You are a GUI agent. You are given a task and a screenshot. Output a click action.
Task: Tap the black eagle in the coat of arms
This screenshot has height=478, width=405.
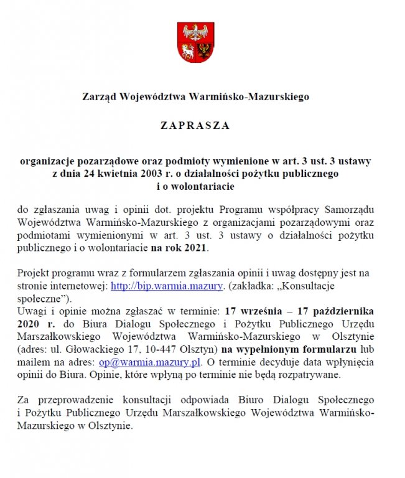(x=207, y=50)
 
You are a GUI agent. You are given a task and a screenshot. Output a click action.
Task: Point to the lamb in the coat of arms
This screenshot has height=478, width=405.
(x=188, y=50)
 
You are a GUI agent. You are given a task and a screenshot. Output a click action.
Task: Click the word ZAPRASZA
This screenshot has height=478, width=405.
(x=195, y=125)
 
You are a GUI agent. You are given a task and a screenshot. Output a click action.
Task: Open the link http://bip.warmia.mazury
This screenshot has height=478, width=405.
(x=166, y=286)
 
